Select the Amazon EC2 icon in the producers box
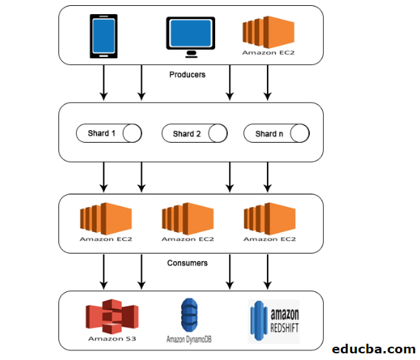268,33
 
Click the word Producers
188,74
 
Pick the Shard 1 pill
109,134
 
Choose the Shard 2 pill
194,134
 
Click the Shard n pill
276,134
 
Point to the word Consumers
188,262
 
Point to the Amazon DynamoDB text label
191,339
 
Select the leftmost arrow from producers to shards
104,83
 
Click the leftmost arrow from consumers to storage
104,271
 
